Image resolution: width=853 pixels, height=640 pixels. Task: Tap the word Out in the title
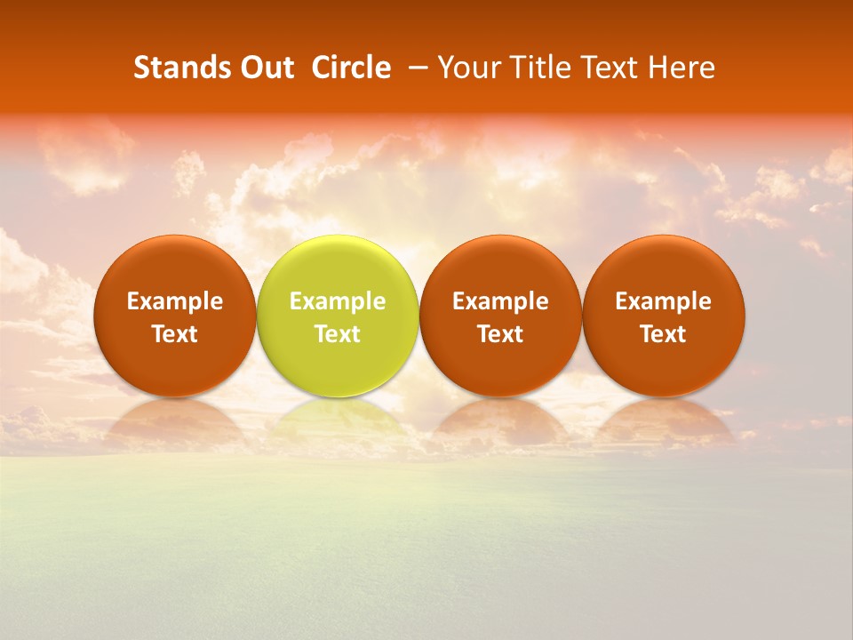tap(265, 68)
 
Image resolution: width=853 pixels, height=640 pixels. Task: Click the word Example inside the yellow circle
tap(338, 301)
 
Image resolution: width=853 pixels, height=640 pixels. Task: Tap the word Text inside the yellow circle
tap(338, 334)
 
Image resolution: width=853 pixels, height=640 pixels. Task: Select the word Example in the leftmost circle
tap(174, 301)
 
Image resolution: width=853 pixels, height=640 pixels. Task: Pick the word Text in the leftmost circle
tap(174, 334)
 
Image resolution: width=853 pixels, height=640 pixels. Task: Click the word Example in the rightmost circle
tap(664, 301)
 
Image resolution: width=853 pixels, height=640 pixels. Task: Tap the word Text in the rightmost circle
tap(664, 334)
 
